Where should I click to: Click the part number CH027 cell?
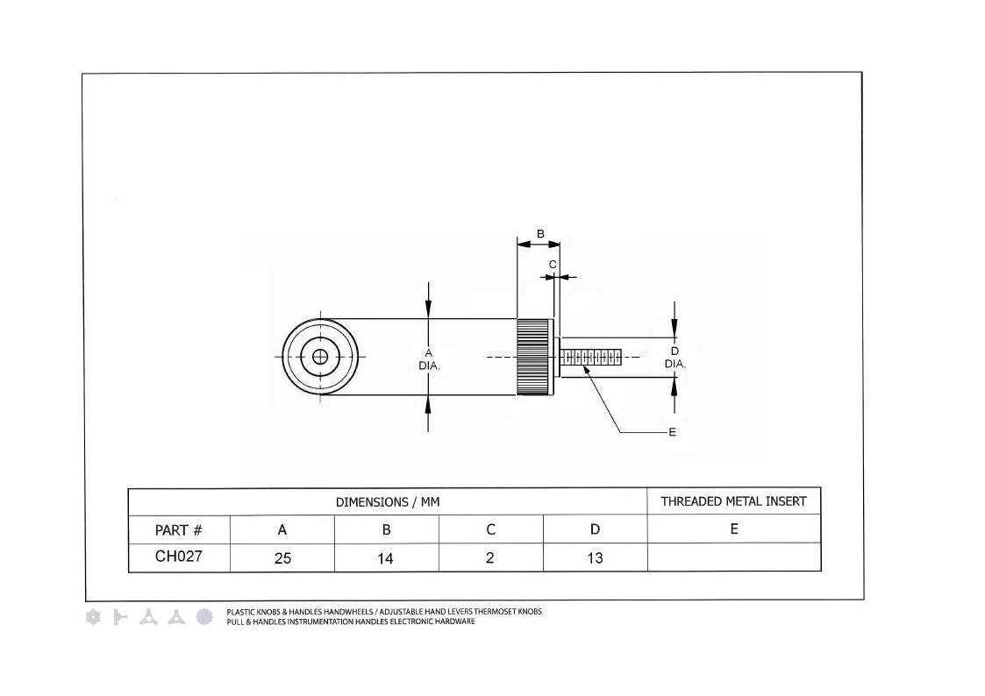178,556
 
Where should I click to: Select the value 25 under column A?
282,558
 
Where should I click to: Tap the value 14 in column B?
385,558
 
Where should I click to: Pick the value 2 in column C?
490,558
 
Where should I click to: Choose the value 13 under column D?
595,558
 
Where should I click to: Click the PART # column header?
178,530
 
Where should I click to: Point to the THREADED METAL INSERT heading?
733,501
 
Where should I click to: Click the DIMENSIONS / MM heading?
388,502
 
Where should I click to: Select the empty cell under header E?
734,558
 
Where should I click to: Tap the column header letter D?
595,529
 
